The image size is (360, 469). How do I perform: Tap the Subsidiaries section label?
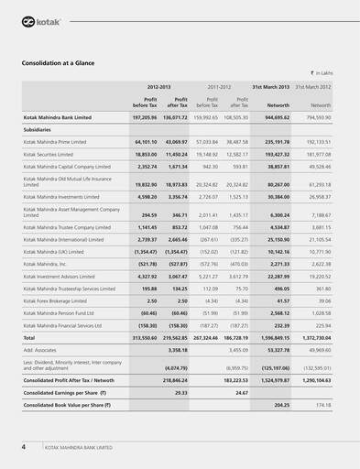pos(38,130)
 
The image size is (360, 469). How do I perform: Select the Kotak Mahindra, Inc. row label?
pos(52,262)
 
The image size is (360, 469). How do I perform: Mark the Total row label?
pos(30,337)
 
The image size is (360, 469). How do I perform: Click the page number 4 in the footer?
pos(24,447)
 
